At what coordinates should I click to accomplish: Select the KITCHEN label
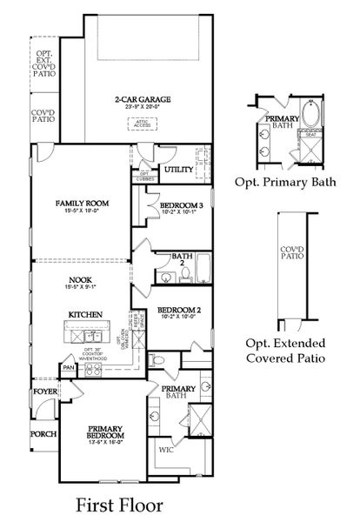point(87,313)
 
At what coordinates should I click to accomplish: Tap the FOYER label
point(45,392)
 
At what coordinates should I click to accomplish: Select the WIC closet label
point(166,450)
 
